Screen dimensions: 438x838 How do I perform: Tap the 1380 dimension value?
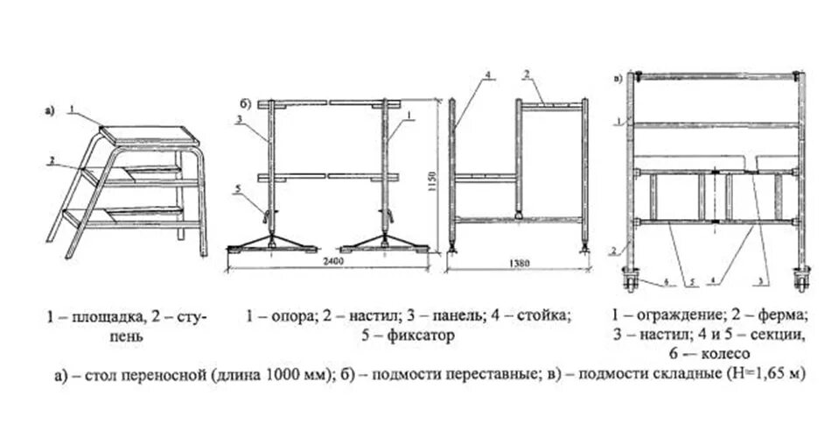point(522,262)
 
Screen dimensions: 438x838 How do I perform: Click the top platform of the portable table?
point(149,136)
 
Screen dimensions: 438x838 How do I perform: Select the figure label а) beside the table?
point(49,111)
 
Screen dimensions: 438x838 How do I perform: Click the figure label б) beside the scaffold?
point(246,104)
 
